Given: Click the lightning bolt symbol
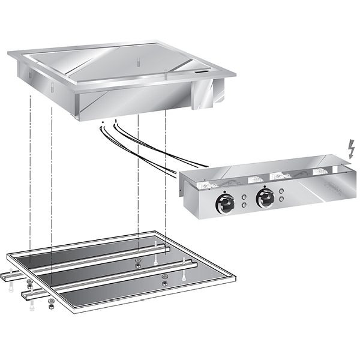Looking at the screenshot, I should coord(351,148).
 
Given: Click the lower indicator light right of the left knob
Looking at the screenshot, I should coord(244,205).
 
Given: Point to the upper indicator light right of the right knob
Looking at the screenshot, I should coord(281,191).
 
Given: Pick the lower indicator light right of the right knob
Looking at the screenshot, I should coord(281,200).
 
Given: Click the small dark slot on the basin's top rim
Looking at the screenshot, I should coord(203,72).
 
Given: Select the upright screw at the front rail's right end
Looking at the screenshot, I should coord(181,277).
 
